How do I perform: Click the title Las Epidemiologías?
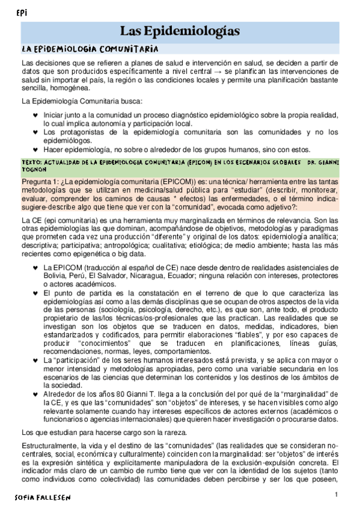(x=180, y=31)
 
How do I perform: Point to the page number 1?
(x=337, y=494)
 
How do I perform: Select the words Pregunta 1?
(x=38, y=182)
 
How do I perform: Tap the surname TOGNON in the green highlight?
(x=34, y=170)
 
